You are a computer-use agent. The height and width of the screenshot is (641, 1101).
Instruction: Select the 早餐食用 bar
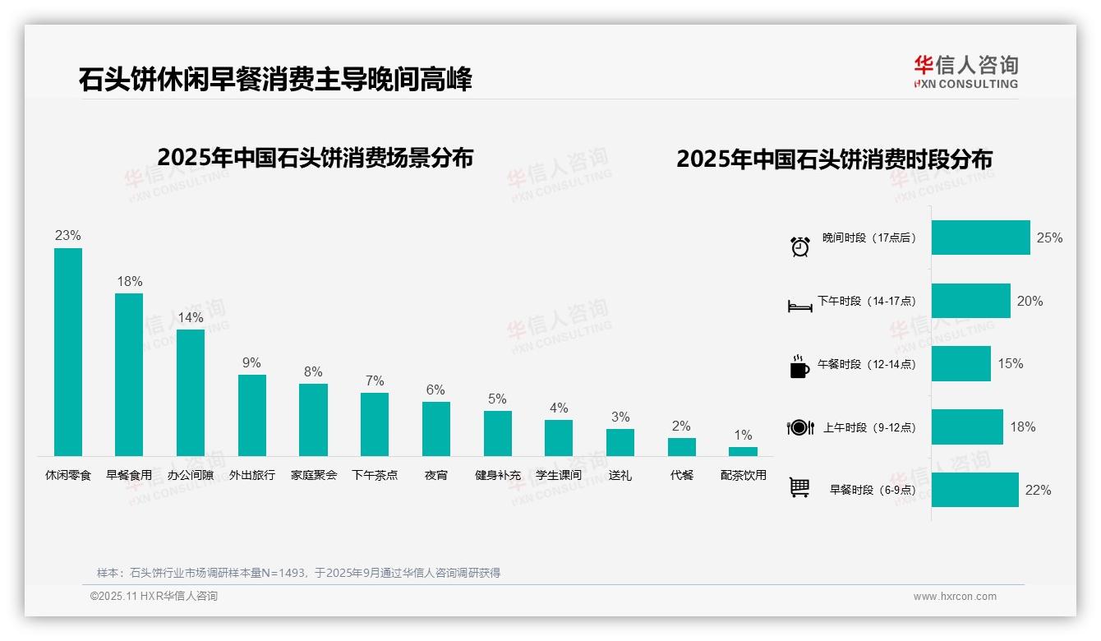129,375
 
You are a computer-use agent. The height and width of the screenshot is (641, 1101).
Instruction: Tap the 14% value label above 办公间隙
190,317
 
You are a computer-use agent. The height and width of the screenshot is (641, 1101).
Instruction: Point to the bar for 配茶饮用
743,451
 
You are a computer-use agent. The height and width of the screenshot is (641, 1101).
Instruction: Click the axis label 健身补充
497,475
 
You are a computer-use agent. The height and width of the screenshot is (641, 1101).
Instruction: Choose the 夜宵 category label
436,475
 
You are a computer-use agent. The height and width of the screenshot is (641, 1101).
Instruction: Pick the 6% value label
435,390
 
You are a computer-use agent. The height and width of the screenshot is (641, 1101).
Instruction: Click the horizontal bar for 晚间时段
980,237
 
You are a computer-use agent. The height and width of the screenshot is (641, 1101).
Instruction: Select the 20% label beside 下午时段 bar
1030,301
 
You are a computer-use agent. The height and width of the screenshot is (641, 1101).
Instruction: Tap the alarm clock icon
799,247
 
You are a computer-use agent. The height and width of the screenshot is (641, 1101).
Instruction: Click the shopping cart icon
799,487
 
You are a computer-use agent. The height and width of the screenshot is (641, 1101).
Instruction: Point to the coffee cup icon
799,367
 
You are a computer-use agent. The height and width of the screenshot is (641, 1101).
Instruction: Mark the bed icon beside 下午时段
799,307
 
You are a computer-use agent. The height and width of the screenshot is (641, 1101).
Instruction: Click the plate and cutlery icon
799,427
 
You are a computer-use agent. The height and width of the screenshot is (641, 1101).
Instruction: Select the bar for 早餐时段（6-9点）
974,490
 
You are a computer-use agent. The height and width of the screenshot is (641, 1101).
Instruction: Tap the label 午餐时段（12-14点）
866,364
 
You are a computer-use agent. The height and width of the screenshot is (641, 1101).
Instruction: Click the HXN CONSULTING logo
965,72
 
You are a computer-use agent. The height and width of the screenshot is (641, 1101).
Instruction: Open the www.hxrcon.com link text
955,597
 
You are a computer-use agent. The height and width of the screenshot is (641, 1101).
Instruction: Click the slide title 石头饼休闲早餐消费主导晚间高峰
275,80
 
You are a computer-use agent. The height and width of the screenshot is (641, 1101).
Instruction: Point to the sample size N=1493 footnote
298,573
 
